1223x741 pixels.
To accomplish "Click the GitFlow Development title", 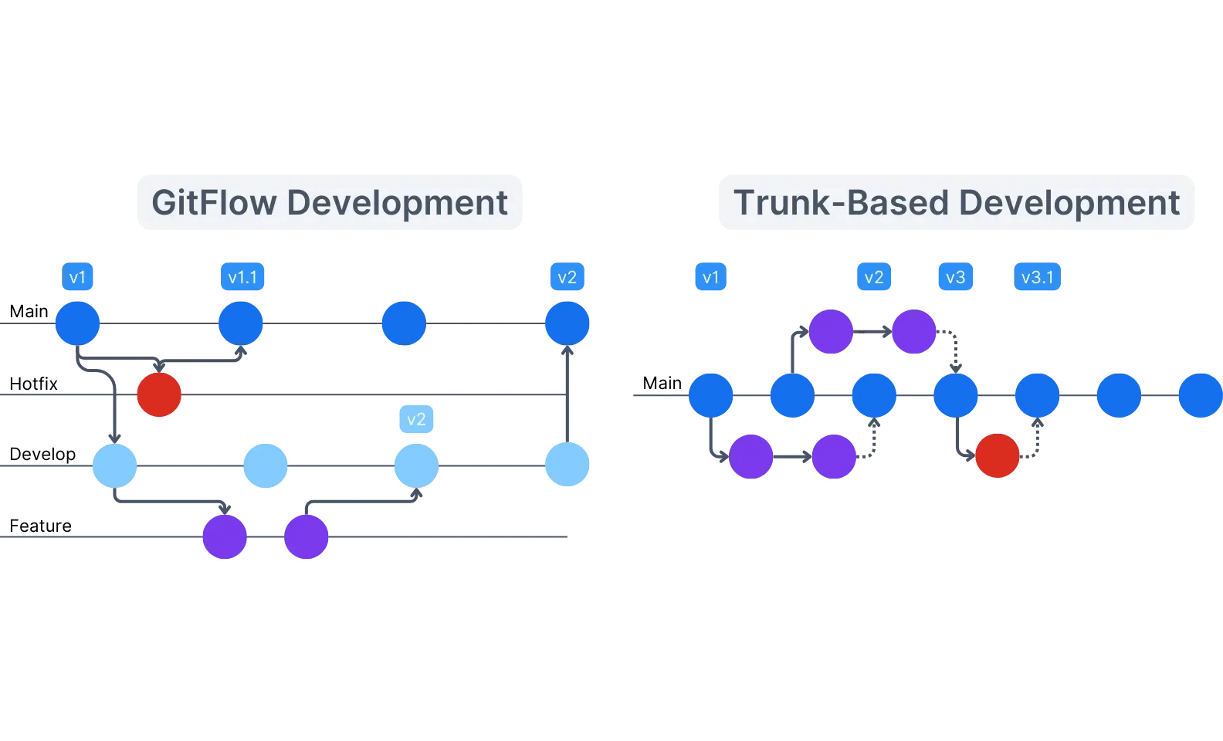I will click(x=330, y=202).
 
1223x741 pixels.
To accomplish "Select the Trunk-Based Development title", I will click(x=956, y=202).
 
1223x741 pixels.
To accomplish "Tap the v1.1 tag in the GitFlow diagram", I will click(x=242, y=277).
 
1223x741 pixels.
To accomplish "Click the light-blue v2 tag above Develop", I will click(x=416, y=419).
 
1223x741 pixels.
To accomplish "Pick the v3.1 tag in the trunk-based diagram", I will click(x=1037, y=277).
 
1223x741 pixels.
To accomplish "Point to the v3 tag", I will click(x=955, y=277).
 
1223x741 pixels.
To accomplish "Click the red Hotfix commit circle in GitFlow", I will click(x=159, y=394).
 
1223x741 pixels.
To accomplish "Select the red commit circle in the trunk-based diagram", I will click(x=997, y=455).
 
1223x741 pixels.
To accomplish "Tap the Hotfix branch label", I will click(x=33, y=384).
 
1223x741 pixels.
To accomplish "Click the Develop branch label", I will click(x=42, y=454).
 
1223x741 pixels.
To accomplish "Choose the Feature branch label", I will click(x=40, y=526).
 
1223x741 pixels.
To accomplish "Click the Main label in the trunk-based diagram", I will click(x=662, y=383).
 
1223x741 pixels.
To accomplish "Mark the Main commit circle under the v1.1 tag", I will click(x=241, y=323).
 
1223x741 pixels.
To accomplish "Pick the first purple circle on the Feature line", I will click(x=225, y=536).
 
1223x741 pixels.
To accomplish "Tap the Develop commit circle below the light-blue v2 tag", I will click(x=416, y=465).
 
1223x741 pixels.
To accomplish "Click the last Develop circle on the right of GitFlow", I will click(x=567, y=465).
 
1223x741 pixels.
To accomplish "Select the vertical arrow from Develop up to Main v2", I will click(x=567, y=394).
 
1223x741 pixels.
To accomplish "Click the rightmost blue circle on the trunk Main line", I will click(x=1200, y=395).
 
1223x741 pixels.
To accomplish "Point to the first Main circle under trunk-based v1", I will click(x=710, y=395).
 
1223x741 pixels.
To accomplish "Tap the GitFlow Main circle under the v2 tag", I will click(x=567, y=323).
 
